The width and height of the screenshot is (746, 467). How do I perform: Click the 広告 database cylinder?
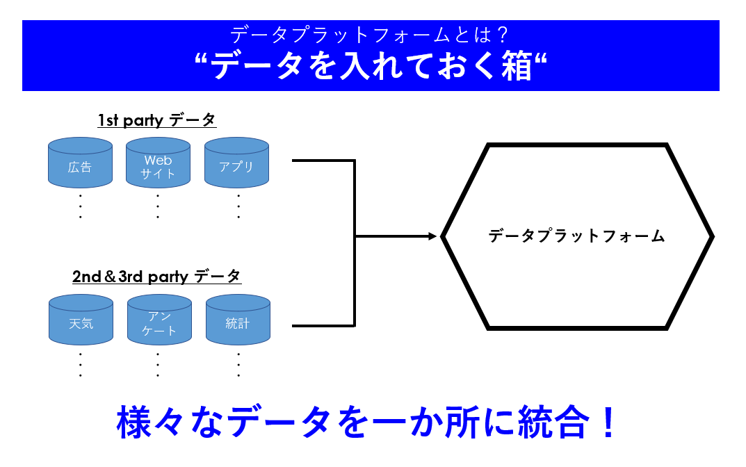80,165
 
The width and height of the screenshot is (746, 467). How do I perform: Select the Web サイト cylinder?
158,165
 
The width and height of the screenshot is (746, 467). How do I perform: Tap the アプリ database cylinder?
236,165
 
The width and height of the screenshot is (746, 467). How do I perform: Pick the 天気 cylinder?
81,322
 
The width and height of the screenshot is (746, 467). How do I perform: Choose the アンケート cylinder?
159,322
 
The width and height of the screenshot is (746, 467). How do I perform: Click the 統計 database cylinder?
238,322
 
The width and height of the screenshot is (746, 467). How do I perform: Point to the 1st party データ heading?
157,120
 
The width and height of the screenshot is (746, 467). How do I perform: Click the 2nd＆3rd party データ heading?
157,277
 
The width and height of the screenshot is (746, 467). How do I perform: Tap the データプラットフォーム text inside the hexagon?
576,236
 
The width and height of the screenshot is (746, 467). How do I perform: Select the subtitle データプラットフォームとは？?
371,33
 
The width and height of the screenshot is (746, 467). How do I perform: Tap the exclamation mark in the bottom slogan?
608,423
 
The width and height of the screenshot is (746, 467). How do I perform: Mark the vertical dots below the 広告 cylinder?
81,206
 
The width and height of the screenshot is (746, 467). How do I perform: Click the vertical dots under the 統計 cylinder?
238,364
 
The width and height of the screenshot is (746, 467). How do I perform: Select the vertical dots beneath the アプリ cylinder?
238,206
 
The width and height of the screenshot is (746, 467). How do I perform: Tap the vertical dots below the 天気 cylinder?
81,364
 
